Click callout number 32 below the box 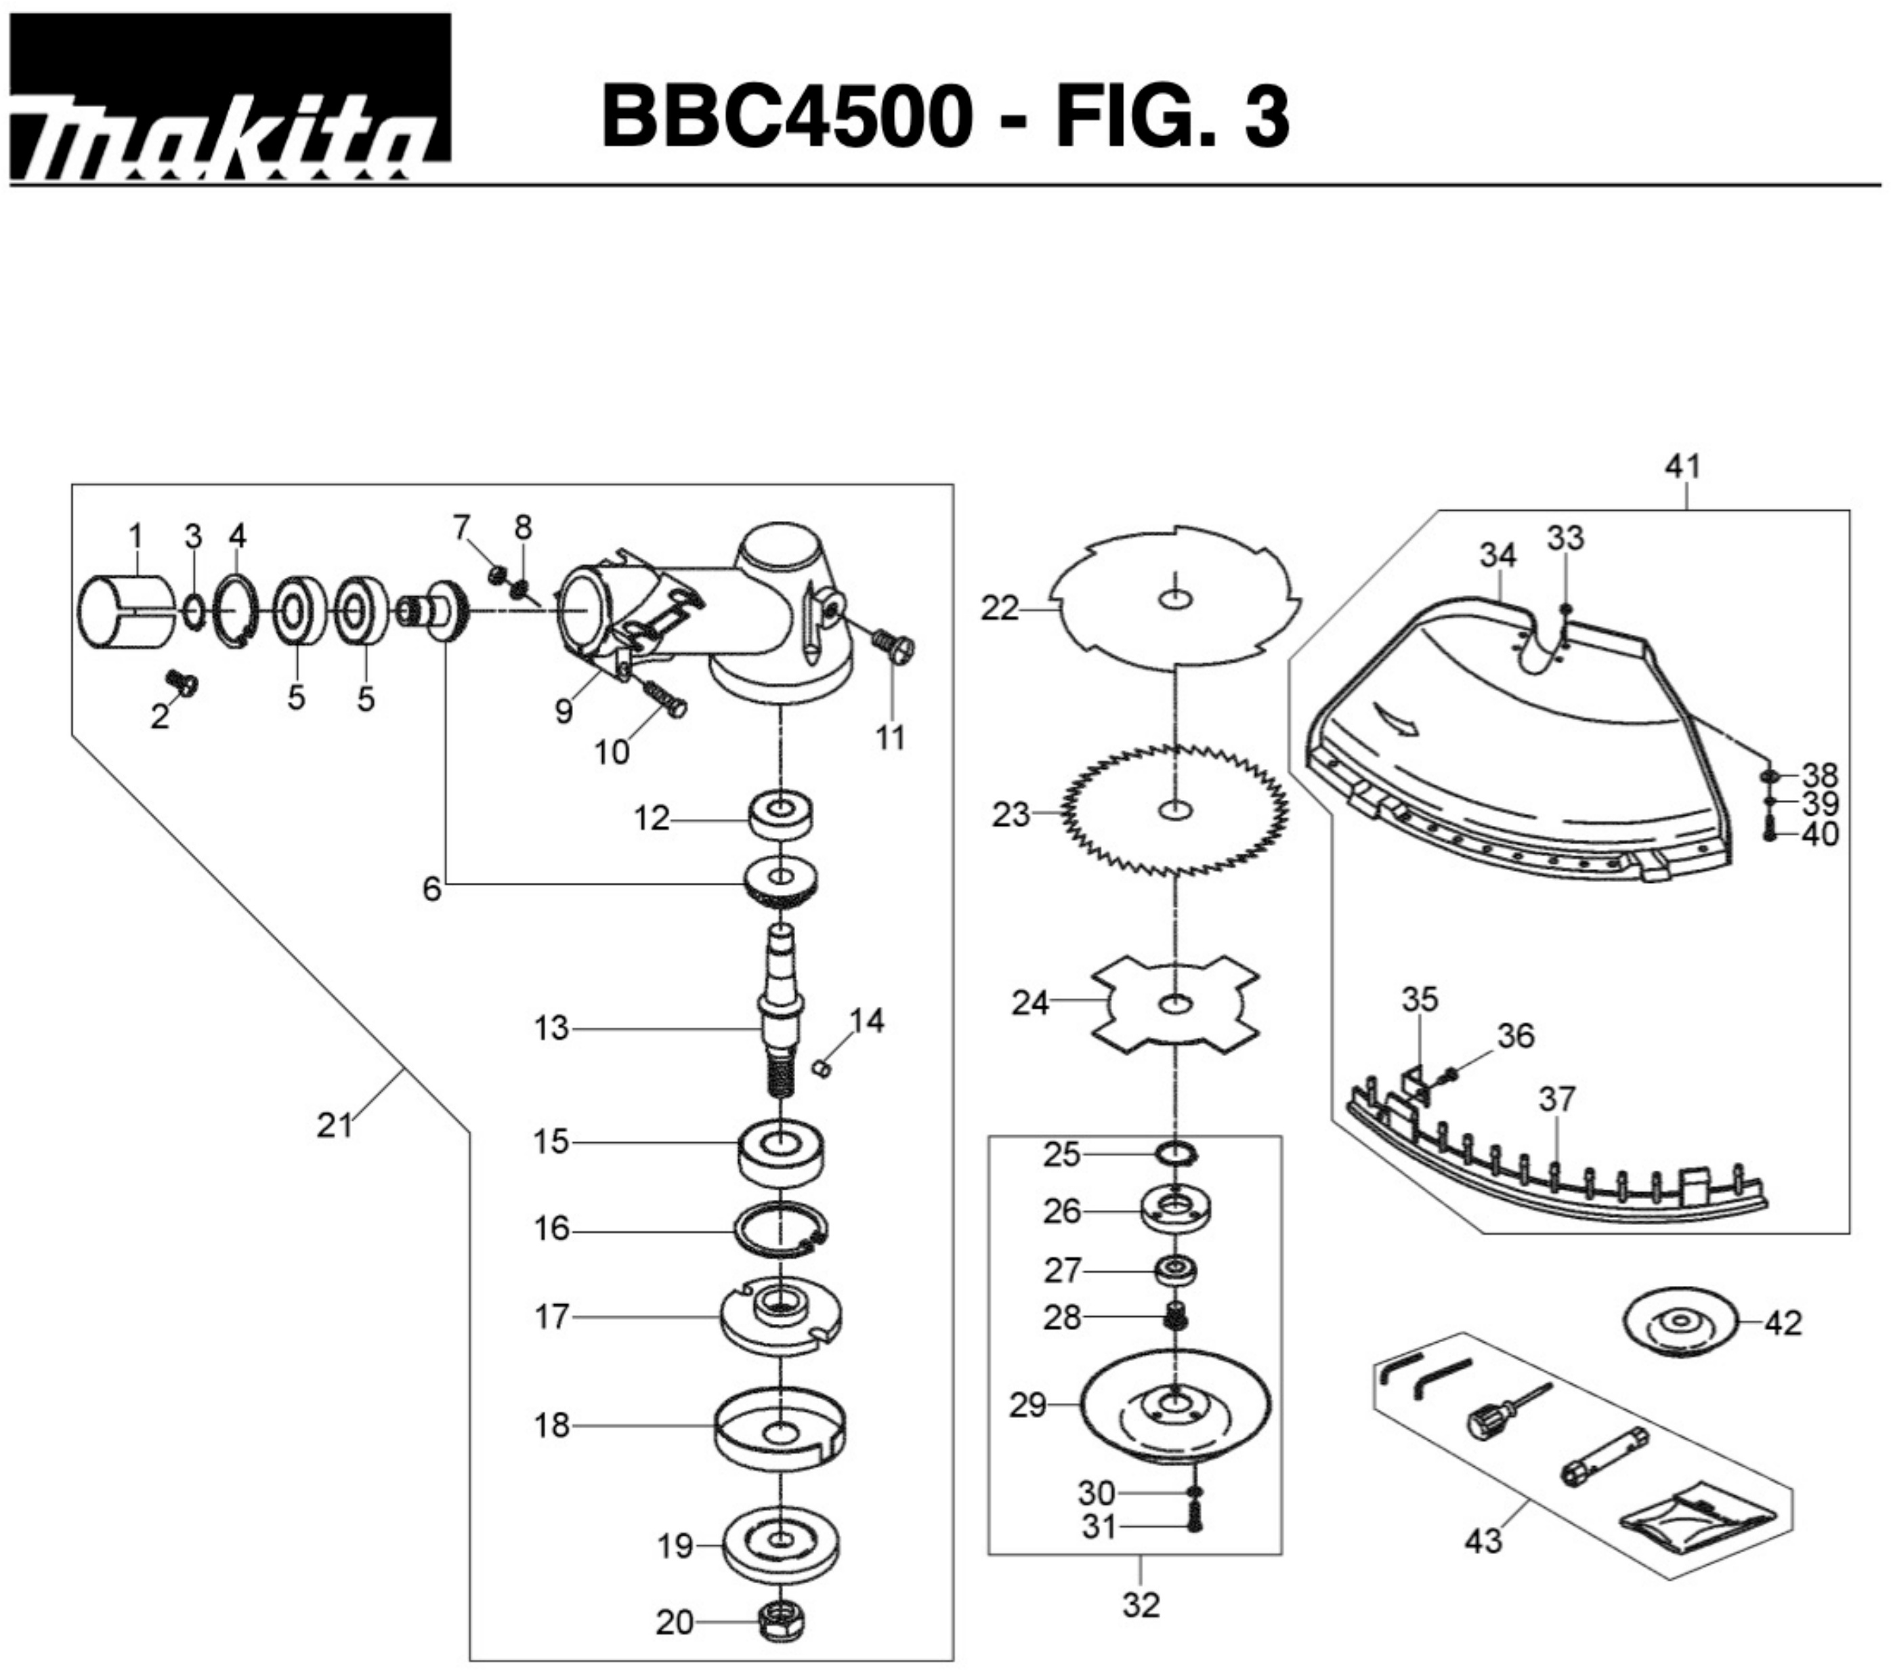pyautogui.click(x=1140, y=1604)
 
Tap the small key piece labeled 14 pyautogui.click(x=819, y=1068)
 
